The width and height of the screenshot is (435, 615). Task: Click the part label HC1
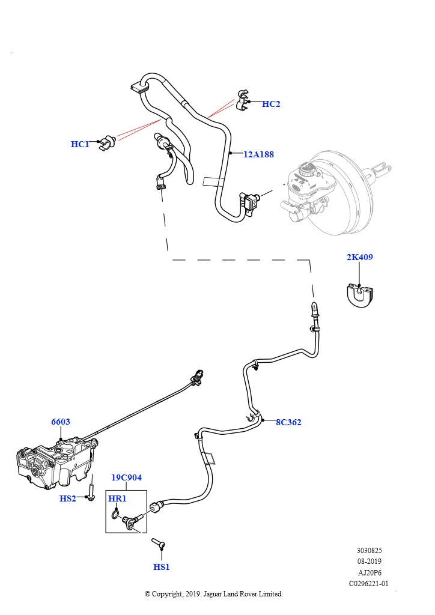[x=80, y=144]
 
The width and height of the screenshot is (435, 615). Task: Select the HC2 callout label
[x=271, y=104]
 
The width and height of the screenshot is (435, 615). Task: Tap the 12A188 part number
[x=258, y=154]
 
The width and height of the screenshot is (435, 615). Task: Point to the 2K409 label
[x=359, y=257]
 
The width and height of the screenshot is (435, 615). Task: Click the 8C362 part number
[x=288, y=422]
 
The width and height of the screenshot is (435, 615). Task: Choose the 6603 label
[x=60, y=422]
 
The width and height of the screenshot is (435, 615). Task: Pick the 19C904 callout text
[x=126, y=477]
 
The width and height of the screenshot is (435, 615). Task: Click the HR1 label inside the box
[x=117, y=498]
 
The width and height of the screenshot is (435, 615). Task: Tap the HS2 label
[x=68, y=498]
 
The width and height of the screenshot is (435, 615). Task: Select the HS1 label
[x=162, y=566]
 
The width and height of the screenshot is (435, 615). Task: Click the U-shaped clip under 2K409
[x=360, y=296]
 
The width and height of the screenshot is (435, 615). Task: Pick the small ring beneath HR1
[x=115, y=514]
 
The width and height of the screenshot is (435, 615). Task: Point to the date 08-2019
[x=370, y=562]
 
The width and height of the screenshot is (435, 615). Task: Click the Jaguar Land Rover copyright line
[x=214, y=594]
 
